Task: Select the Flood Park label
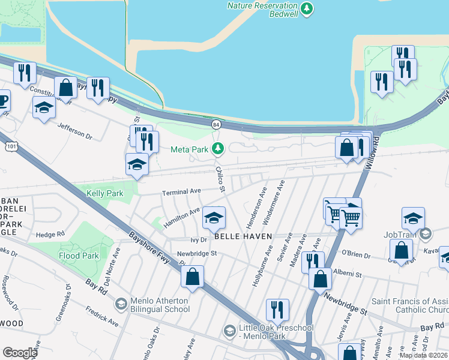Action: (x=78, y=256)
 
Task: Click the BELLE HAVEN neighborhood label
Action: (x=243, y=236)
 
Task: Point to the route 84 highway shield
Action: (x=215, y=124)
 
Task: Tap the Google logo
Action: (x=20, y=352)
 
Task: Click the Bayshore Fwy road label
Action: (x=151, y=240)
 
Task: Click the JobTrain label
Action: (x=401, y=235)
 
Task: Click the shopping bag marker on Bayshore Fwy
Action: (x=193, y=277)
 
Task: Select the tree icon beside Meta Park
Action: (x=219, y=148)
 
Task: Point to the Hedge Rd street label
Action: (x=49, y=235)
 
